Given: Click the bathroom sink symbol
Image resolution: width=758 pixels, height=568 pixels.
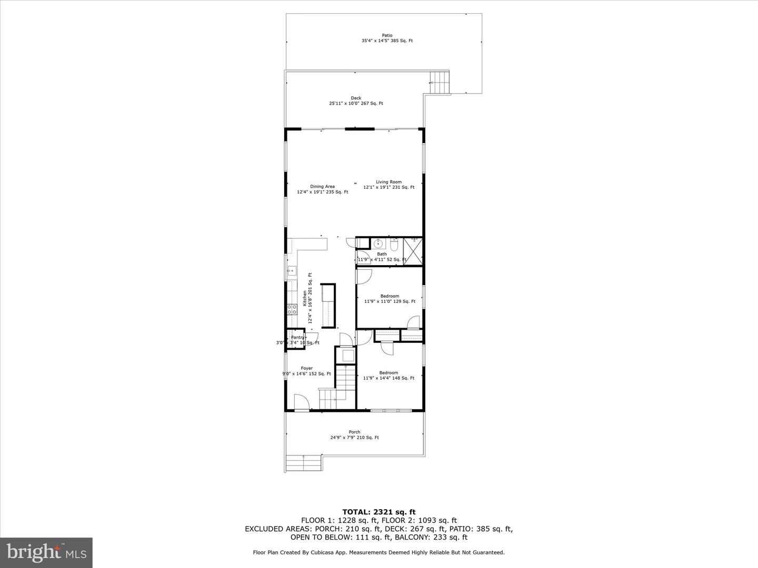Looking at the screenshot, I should tap(377, 244).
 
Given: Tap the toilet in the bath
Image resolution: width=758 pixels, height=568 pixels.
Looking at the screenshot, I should tap(394, 245).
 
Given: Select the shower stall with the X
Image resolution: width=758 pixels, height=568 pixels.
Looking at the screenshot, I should tap(413, 252).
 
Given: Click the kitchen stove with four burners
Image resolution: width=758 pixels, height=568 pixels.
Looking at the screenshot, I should tap(292, 310).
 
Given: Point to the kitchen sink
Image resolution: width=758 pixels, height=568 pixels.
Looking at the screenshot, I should tap(291, 271).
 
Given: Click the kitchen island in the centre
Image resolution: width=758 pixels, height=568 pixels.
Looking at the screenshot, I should tap(328, 306).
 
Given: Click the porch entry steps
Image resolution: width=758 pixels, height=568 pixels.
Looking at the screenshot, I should tap(304, 463).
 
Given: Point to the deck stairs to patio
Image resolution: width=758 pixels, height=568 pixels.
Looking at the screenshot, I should tap(440, 83).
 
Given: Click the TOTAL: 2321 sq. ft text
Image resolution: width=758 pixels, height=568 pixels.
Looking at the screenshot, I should tap(378, 512).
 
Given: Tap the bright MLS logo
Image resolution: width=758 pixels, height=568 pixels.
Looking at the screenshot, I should tap(46, 552).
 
